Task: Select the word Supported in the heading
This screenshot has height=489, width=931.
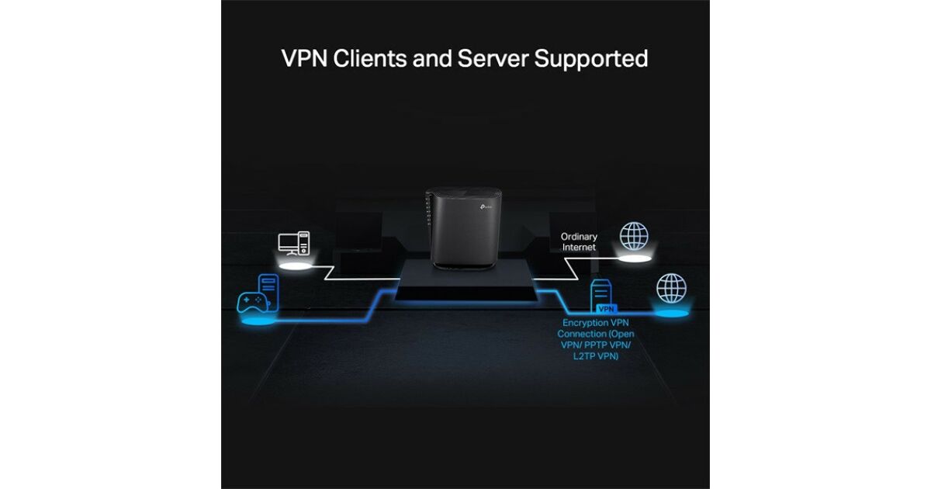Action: click(x=591, y=58)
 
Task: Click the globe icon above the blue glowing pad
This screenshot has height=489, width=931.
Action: click(x=671, y=288)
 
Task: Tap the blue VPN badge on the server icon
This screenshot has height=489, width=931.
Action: click(x=606, y=309)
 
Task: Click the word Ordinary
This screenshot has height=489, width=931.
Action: click(x=579, y=237)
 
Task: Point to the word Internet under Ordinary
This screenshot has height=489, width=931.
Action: click(x=579, y=247)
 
